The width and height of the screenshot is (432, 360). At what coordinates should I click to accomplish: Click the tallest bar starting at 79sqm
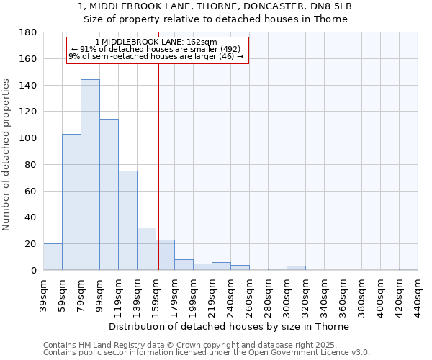(90, 175)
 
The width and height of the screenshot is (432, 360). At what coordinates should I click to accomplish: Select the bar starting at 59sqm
(71, 202)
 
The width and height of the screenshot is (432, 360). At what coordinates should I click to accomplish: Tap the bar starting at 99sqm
(109, 194)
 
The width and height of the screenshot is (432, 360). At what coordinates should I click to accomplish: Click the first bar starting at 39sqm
(53, 257)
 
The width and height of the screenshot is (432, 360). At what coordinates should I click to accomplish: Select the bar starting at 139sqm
(146, 249)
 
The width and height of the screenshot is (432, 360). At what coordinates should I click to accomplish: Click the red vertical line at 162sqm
(158, 180)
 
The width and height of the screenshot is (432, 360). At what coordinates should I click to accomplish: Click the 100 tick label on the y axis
(29, 138)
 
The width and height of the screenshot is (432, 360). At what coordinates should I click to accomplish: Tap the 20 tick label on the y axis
(32, 244)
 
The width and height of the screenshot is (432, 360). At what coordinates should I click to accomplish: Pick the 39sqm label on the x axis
(43, 294)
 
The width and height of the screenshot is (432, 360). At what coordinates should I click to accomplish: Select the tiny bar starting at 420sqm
(408, 269)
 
